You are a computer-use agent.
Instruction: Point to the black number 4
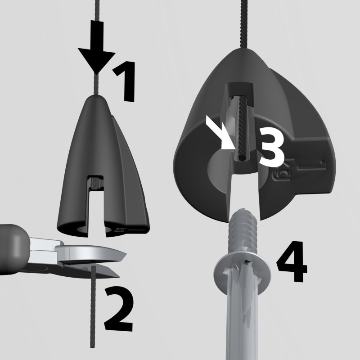click(x=292, y=266)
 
